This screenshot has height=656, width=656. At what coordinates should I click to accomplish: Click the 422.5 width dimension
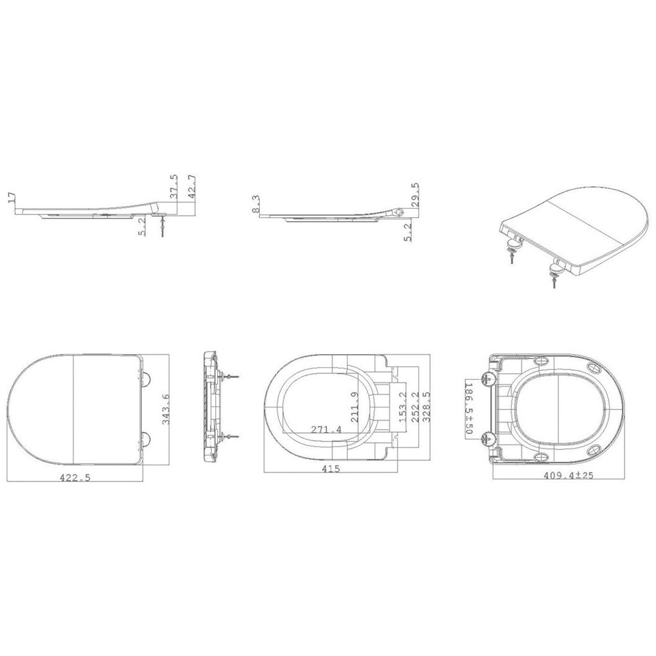(76, 478)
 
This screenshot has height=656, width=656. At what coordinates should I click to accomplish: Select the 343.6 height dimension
(166, 409)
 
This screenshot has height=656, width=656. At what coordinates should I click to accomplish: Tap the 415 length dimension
(331, 468)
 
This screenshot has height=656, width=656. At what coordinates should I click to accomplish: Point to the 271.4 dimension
(326, 429)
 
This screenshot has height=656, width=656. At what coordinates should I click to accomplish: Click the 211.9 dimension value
(354, 407)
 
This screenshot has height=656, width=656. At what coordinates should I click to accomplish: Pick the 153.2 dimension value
(403, 407)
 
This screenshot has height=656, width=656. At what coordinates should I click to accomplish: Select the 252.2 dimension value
(415, 407)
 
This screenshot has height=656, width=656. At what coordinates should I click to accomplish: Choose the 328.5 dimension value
(427, 407)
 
